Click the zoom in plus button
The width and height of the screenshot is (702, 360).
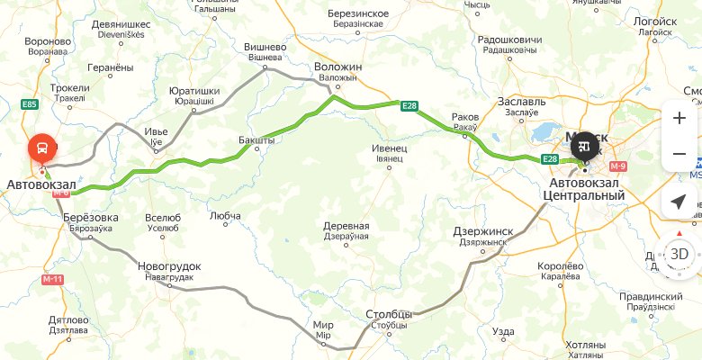[679, 119]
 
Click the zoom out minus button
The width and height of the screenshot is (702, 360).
[679, 155]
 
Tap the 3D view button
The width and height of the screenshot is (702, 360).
[679, 253]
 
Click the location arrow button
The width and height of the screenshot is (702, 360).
[679, 202]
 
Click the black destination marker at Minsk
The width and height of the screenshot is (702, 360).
[584, 145]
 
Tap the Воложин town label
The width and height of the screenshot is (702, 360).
[337, 67]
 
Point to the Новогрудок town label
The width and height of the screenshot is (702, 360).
[169, 266]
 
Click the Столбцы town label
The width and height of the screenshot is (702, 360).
[389, 314]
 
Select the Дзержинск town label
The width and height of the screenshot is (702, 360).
[483, 230]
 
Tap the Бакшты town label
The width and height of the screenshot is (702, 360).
[258, 141]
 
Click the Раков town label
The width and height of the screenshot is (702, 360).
[465, 117]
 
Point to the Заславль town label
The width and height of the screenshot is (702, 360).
[521, 102]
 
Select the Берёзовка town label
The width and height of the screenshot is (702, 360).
[88, 217]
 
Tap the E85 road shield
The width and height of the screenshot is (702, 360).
[30, 104]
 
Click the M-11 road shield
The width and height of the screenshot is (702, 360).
[53, 280]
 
